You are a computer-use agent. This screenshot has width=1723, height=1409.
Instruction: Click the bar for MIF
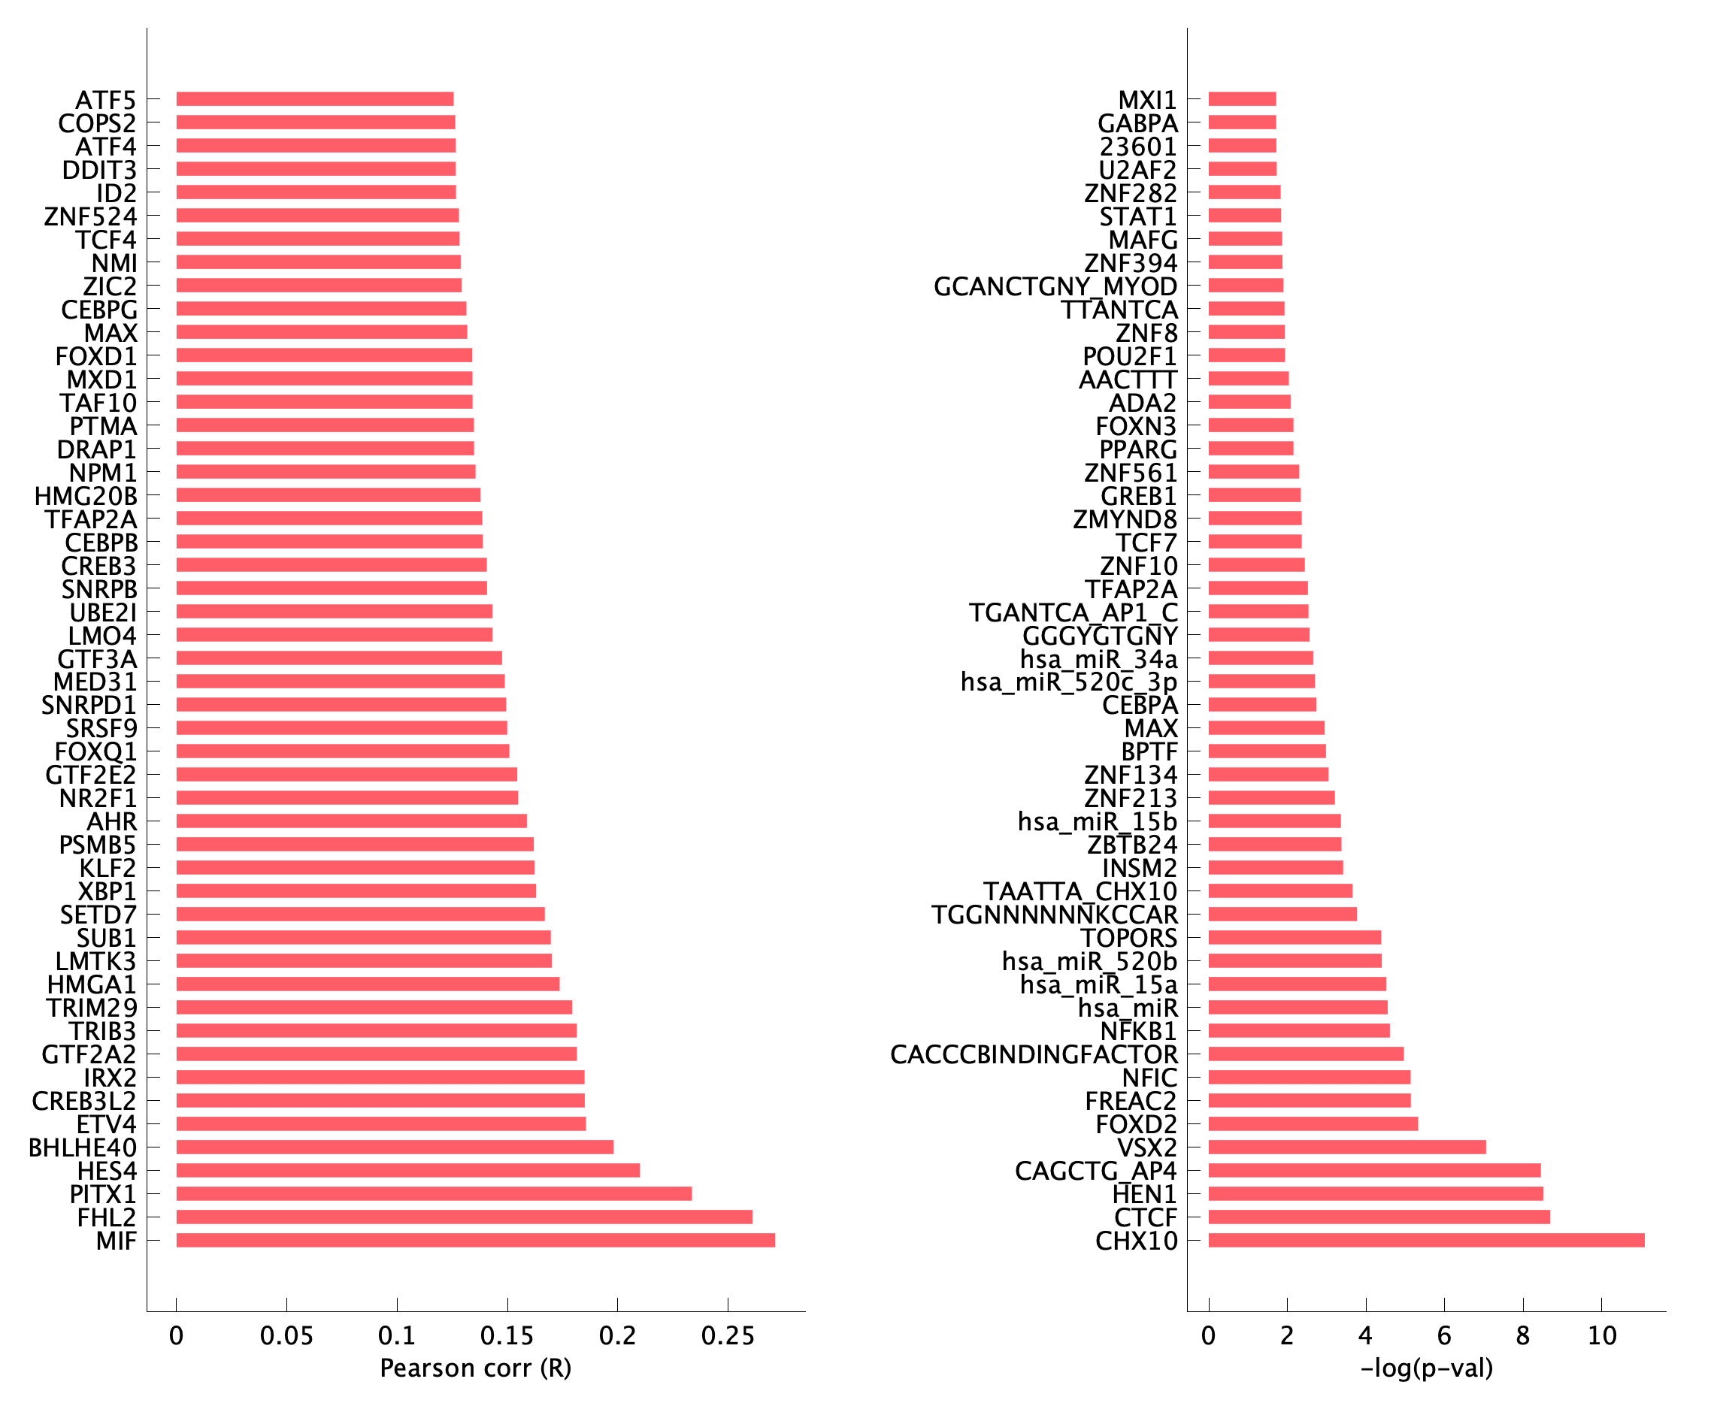click(475, 1240)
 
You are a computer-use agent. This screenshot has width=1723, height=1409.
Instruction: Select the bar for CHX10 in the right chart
click(1426, 1240)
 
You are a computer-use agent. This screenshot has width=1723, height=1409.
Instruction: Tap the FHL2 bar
click(464, 1217)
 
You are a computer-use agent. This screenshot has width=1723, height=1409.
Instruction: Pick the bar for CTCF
click(1379, 1217)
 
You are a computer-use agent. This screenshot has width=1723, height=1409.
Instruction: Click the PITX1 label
click(102, 1194)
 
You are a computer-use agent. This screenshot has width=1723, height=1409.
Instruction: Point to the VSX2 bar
click(1346, 1147)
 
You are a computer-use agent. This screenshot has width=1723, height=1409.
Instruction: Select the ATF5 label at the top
click(105, 100)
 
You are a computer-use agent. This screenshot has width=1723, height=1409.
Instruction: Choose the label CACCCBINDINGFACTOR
click(1033, 1054)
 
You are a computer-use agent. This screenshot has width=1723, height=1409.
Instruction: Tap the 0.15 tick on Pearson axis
click(507, 1336)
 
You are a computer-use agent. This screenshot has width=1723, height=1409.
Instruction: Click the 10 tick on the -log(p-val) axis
click(1602, 1336)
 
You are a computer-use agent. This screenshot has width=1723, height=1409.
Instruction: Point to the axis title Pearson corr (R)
click(475, 1368)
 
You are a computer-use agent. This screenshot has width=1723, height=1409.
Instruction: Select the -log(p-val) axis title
click(1427, 1368)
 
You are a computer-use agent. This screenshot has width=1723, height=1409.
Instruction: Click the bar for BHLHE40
click(395, 1147)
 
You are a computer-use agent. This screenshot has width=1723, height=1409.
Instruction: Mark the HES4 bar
click(407, 1170)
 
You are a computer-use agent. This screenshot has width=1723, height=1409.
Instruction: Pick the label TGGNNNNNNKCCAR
click(1054, 915)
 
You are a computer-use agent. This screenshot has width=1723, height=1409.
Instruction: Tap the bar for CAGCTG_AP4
click(1374, 1170)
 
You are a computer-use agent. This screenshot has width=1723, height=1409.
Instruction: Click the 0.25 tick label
click(728, 1336)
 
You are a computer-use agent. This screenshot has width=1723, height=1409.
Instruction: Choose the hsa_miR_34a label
click(1098, 659)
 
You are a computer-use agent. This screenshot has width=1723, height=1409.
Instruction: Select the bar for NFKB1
click(1298, 1031)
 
